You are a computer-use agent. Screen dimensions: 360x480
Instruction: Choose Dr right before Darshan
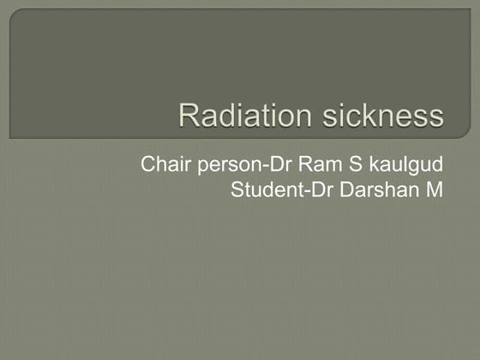317,189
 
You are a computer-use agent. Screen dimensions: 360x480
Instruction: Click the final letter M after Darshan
435,189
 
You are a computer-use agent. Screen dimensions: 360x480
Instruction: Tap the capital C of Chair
148,164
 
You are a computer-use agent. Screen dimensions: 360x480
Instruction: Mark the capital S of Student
237,189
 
